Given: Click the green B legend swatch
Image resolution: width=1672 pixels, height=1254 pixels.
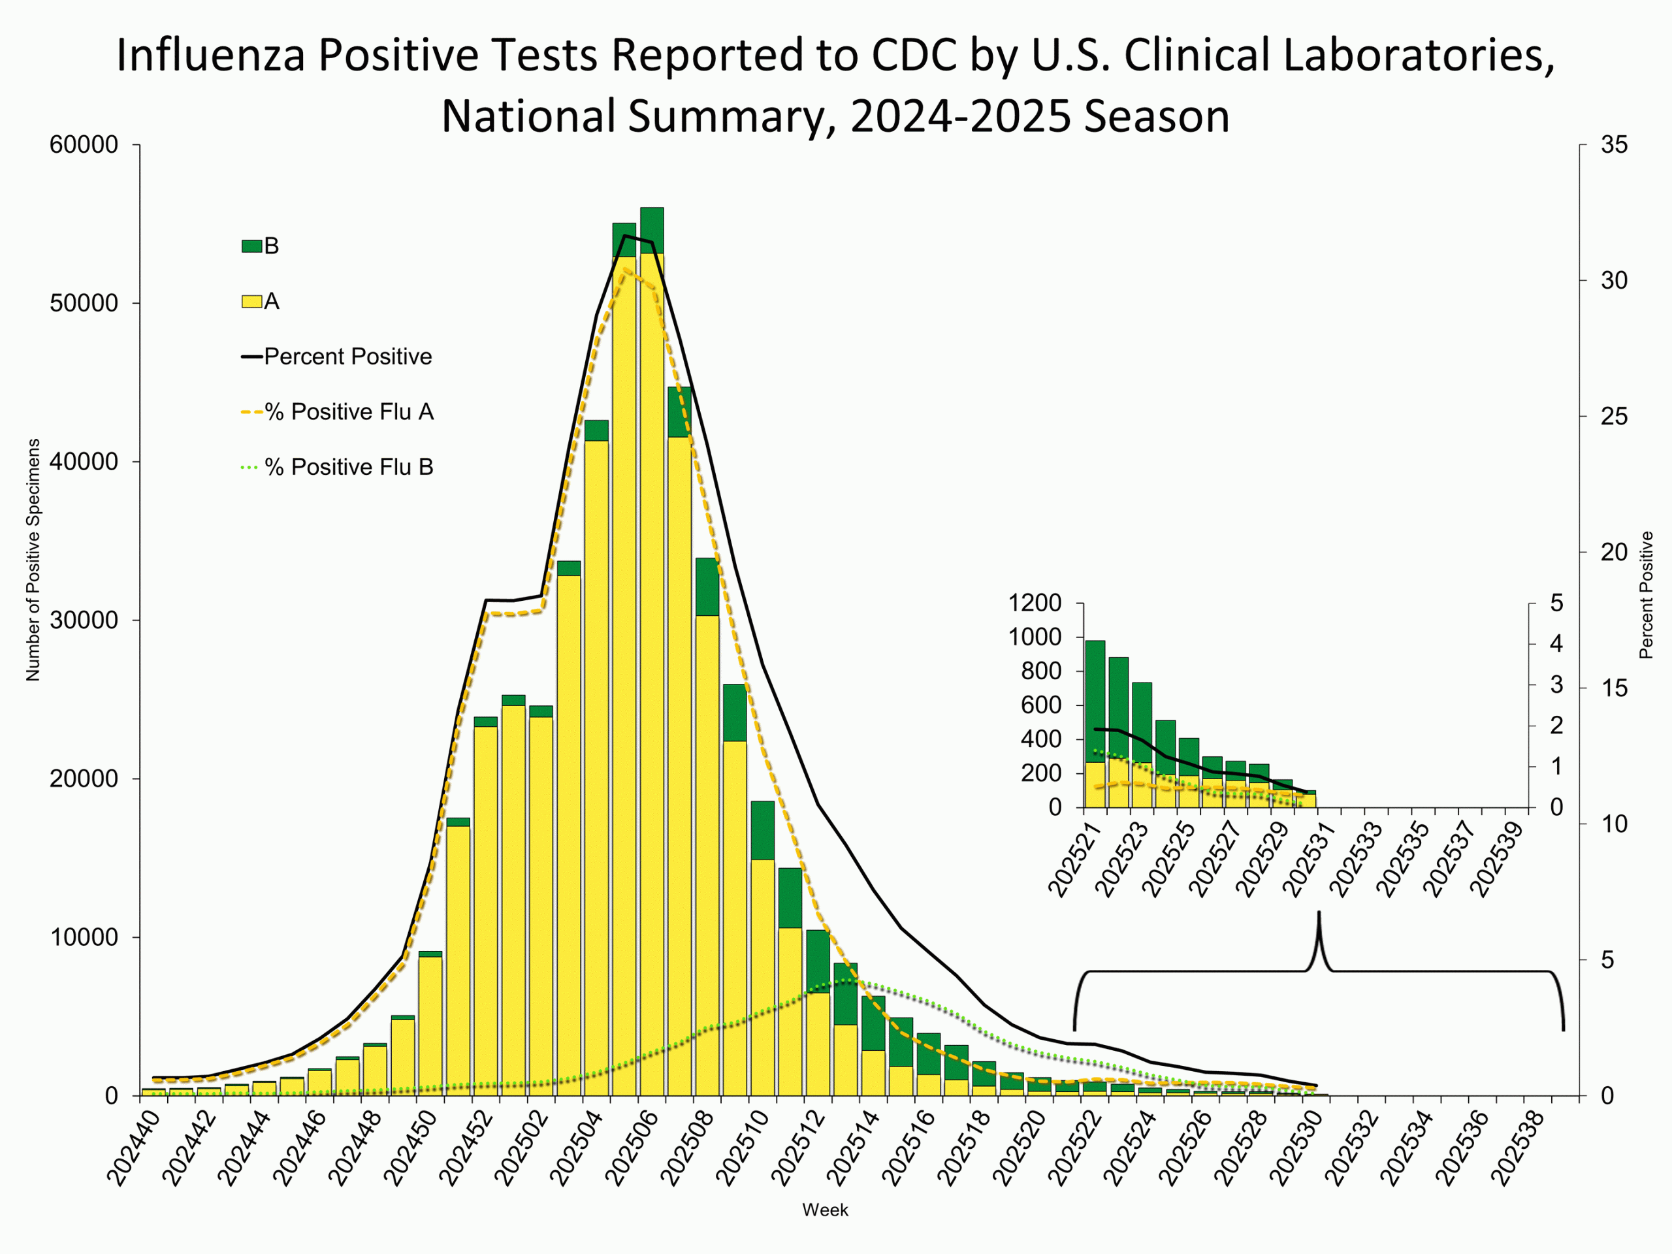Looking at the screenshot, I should tap(251, 246).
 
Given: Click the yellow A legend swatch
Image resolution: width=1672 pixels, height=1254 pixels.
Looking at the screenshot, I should tap(251, 302).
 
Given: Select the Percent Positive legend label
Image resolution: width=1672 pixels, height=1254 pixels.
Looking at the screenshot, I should tap(347, 357).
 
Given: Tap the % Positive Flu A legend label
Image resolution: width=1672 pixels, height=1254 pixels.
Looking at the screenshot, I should tap(349, 412).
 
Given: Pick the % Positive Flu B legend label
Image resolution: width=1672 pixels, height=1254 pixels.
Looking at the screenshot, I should tap(349, 467).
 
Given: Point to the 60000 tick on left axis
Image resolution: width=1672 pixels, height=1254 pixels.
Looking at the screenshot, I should tap(84, 145).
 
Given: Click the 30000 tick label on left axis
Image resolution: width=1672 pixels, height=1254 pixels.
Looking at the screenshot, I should tap(84, 620).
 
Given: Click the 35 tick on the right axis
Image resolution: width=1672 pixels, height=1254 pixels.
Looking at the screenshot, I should tap(1614, 145).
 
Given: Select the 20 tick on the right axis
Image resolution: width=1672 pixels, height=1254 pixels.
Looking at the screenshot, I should tap(1614, 553).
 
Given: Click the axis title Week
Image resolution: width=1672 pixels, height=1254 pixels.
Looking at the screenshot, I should tap(825, 1210).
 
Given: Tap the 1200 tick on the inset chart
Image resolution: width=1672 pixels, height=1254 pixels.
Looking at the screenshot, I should tap(1035, 603).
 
